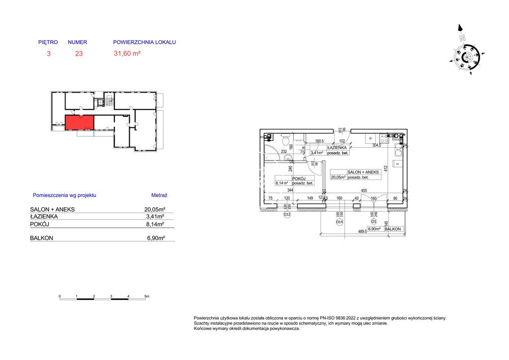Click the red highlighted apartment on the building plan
coord(79,122)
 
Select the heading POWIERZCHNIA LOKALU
coord(145,43)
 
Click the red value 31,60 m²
coord(127,54)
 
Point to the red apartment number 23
coord(79,54)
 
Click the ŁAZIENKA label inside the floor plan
coord(337,148)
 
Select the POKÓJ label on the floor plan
coord(299,179)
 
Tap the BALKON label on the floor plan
coord(393,229)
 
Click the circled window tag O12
coord(287,214)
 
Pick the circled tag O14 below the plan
coord(339,222)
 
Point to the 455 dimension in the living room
coord(364,190)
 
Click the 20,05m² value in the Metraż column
coord(155,210)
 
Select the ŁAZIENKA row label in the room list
coord(44,217)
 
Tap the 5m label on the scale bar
coord(146,296)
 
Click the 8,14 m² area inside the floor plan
coord(281,183)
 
